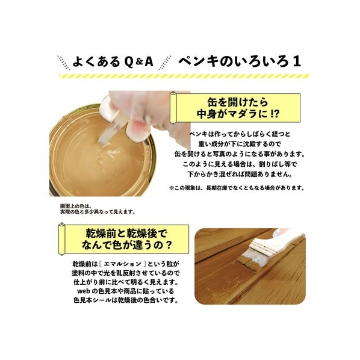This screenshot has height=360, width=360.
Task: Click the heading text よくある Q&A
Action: (x=113, y=61)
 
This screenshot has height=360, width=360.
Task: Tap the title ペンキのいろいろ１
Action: (x=240, y=61)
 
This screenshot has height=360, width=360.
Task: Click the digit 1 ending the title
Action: (x=297, y=61)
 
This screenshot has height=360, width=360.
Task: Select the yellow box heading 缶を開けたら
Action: (x=237, y=102)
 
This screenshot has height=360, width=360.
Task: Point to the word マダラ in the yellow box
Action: (x=238, y=114)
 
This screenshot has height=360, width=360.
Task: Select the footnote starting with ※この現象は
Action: (x=237, y=188)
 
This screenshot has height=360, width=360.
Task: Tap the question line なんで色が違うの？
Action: (x=127, y=245)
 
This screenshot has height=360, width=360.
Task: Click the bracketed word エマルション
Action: (x=122, y=264)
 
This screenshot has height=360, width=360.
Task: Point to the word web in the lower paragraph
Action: (x=84, y=291)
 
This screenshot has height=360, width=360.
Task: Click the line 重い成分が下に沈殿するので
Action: (x=240, y=144)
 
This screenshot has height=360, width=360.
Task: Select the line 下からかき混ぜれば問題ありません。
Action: (x=240, y=174)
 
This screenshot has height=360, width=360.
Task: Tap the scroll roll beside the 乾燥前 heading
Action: (x=61, y=239)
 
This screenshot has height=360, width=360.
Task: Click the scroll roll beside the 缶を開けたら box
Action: (x=173, y=107)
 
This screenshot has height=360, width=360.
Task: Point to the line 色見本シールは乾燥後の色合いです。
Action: (x=126, y=300)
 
